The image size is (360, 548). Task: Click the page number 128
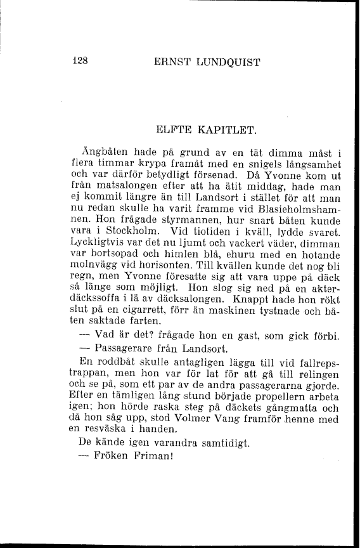[x=79, y=62]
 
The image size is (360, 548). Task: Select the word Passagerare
[x=124, y=348]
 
